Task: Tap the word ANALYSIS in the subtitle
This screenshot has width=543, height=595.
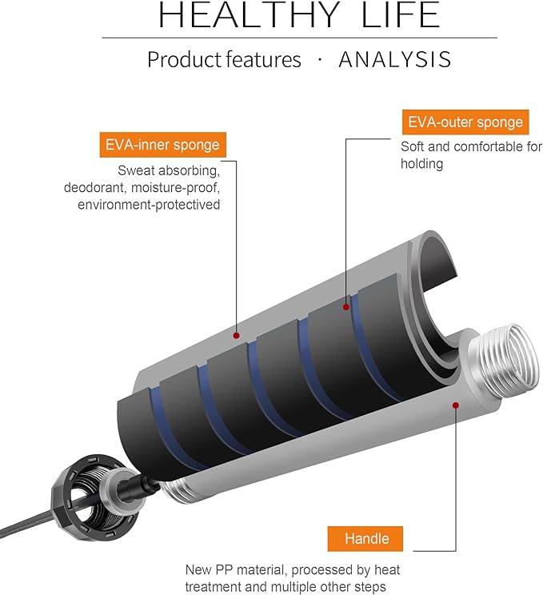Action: [x=395, y=59]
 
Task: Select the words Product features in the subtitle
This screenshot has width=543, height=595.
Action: [x=224, y=59]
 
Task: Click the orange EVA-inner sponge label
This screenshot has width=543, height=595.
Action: [x=162, y=146]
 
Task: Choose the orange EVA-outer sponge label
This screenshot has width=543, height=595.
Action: [x=465, y=122]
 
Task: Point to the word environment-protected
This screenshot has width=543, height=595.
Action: [x=149, y=205]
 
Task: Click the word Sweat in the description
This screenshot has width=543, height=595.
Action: [x=135, y=170]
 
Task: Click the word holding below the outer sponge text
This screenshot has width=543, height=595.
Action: [x=421, y=164]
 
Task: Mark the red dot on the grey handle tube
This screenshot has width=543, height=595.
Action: [x=455, y=405]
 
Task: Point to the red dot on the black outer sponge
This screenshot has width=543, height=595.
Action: [x=345, y=306]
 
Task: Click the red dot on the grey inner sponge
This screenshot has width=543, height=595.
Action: [x=238, y=334]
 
